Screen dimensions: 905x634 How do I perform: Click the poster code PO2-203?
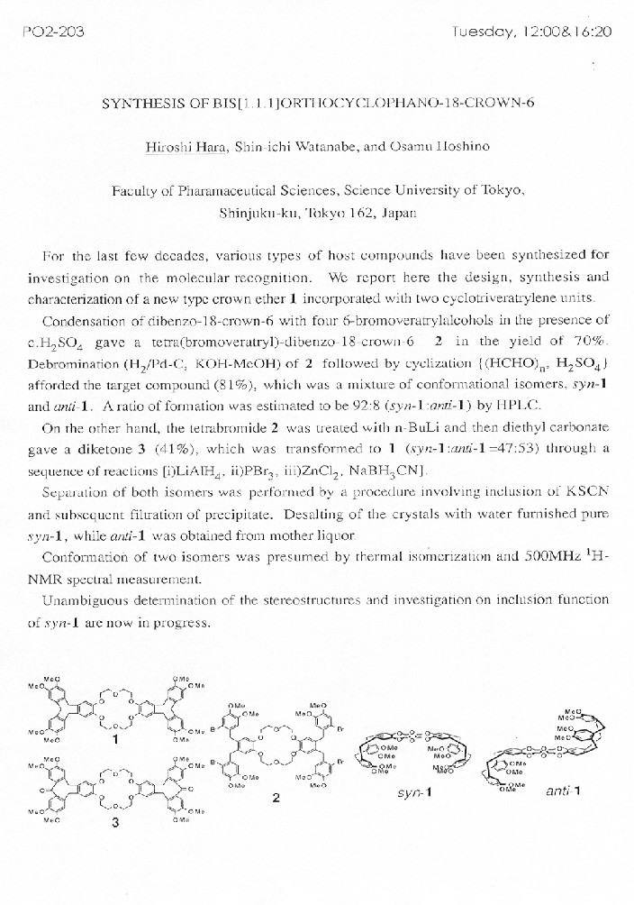(51, 32)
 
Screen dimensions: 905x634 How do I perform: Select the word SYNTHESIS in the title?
(144, 102)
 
